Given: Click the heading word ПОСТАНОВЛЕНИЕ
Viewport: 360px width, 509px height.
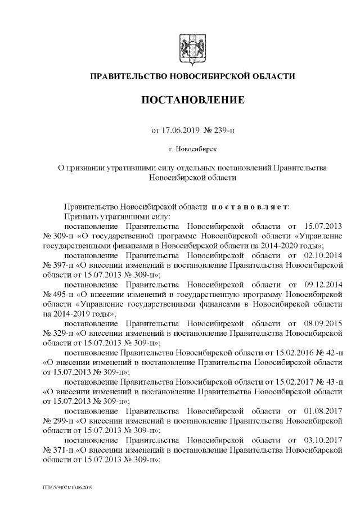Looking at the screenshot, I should point(192,101).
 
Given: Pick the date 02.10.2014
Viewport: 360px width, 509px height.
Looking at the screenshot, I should point(323,255).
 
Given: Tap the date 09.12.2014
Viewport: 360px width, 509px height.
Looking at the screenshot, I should point(323,284).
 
